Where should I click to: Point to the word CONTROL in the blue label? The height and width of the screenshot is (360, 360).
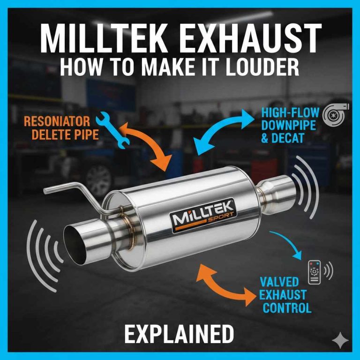click(287, 308)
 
